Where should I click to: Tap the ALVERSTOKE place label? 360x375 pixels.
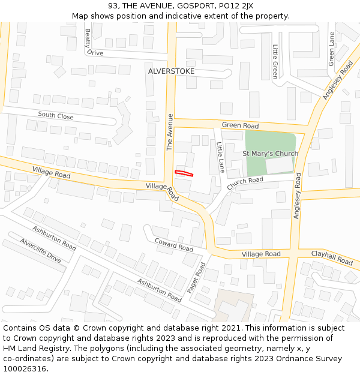pos(171,71)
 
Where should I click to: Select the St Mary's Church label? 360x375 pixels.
pos(270,154)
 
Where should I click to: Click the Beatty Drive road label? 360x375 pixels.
pos(94,43)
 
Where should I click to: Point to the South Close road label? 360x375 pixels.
pos(56,116)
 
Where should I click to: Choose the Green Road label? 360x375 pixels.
pos(240,126)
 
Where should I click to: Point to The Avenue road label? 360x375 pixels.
pos(170,132)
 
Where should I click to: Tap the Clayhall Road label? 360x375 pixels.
pos(332,258)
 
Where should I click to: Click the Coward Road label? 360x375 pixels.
pos(174,245)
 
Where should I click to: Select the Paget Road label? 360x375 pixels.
pos(196,277)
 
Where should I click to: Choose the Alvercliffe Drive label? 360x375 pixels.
pos(41,250)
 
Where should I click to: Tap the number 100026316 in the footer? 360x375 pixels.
pos(26,368)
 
